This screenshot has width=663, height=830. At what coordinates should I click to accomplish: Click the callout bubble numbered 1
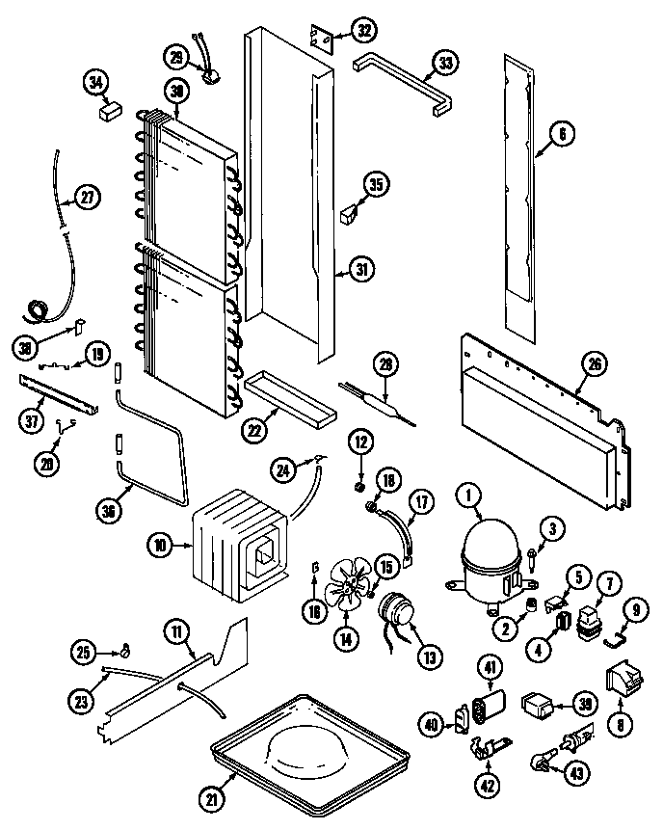pyautogui.click(x=469, y=496)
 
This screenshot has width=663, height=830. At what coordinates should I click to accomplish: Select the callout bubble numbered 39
pyautogui.click(x=581, y=705)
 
